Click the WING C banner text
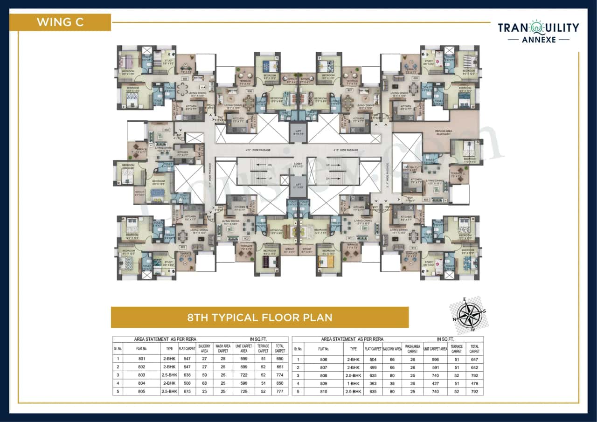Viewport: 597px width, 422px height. (60, 22)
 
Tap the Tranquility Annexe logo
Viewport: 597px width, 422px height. (538, 31)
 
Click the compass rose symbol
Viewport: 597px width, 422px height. (471, 315)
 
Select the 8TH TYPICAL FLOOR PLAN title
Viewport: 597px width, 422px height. (260, 318)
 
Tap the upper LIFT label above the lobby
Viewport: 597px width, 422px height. (298, 132)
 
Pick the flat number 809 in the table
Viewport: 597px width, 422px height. (324, 383)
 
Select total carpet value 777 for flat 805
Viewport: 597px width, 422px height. (280, 391)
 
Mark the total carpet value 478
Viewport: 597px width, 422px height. (474, 383)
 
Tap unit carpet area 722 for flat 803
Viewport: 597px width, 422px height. (243, 375)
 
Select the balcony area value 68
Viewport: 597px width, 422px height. (204, 383)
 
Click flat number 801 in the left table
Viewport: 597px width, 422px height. (142, 359)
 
